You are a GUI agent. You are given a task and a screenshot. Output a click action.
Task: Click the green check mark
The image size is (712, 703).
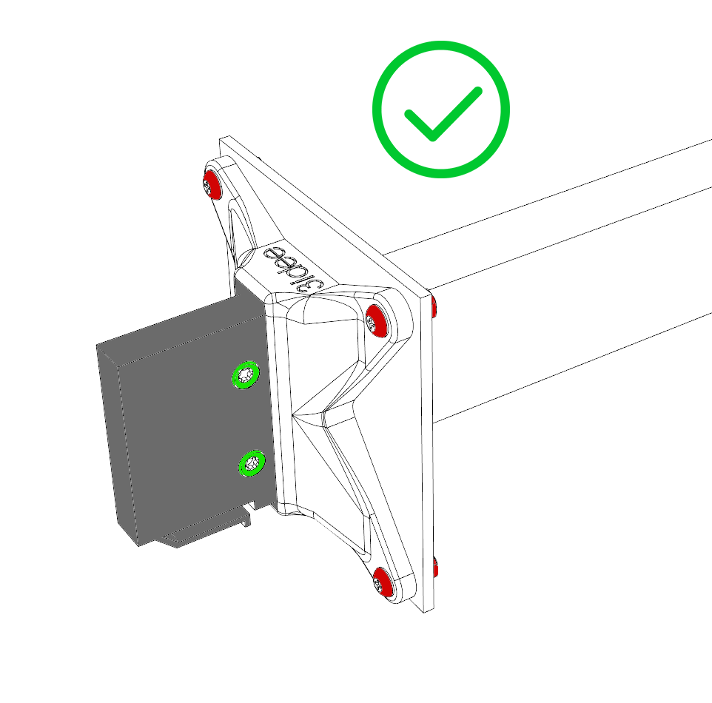pyautogui.click(x=441, y=110)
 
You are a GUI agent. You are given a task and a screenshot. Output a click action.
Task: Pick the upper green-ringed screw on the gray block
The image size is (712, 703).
pyautogui.click(x=244, y=375)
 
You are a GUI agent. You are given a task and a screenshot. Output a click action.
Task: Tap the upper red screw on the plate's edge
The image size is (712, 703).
pyautogui.click(x=434, y=306)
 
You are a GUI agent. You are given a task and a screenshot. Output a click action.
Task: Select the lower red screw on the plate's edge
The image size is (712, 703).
pyautogui.click(x=437, y=569)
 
